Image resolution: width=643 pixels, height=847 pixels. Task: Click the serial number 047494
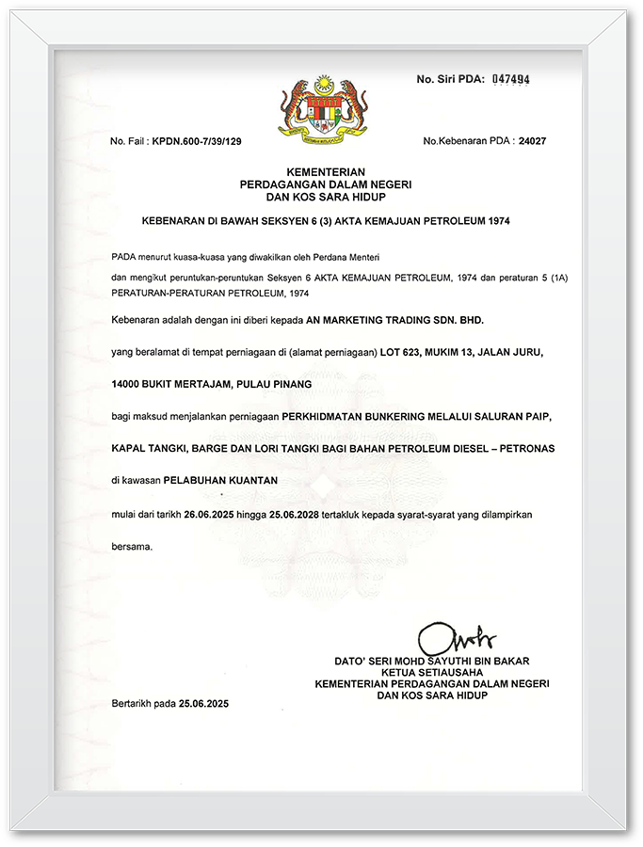(511, 80)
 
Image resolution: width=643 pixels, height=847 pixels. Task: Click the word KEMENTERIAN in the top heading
(321, 171)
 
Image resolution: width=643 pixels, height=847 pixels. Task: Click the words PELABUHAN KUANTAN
(220, 479)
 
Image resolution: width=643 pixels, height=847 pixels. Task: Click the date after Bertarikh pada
(204, 704)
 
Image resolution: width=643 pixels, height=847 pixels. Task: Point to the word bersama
(131, 546)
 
